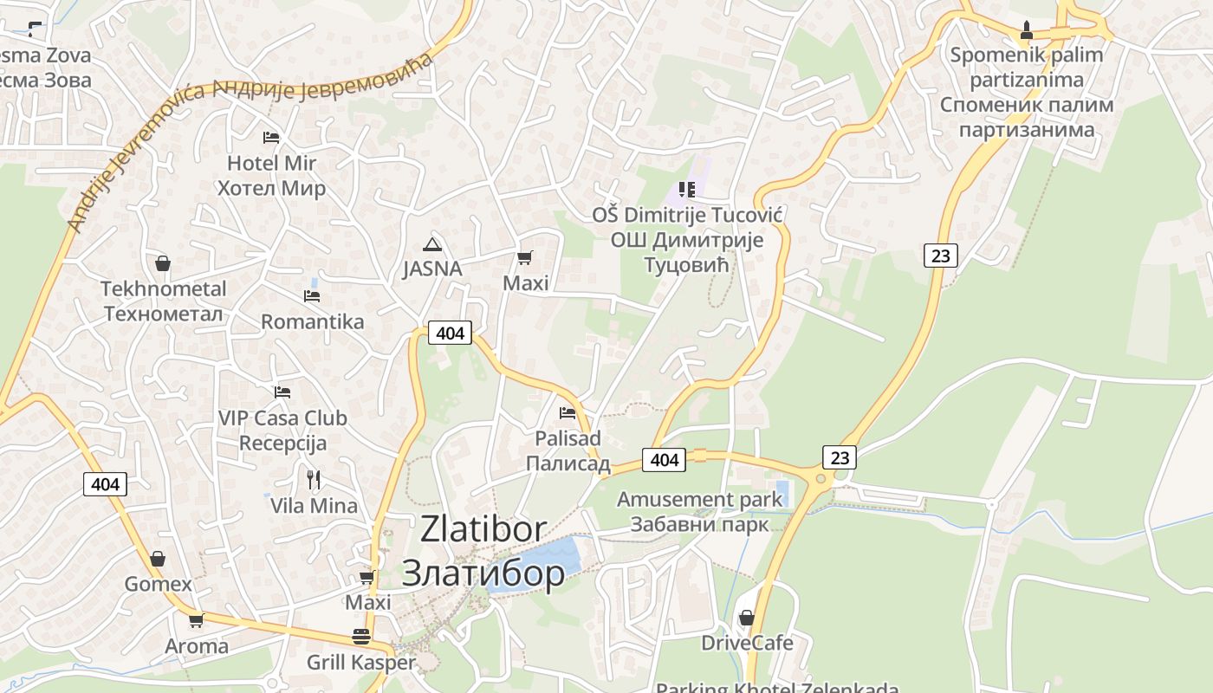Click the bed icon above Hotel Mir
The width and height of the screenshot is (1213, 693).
[271, 137]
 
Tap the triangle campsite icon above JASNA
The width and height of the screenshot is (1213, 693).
[431, 244]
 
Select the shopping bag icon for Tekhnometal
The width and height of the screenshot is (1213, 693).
[163, 263]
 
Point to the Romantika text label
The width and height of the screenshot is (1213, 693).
[313, 322]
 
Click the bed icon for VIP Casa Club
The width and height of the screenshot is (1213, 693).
[282, 392]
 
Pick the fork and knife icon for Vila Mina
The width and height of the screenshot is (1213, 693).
[314, 478]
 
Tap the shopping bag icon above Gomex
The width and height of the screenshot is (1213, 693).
[158, 559]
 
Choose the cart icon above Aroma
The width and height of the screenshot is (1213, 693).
[197, 620]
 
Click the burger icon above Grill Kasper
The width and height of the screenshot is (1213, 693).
[361, 637]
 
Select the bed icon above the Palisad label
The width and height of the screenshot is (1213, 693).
[568, 412]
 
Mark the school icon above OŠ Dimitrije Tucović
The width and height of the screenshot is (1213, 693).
[687, 189]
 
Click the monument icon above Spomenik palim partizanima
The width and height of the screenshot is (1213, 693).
[1027, 30]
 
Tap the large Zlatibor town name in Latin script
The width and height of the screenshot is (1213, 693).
[483, 528]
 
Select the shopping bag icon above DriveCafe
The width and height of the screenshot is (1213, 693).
[746, 618]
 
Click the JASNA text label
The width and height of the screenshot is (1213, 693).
[432, 269]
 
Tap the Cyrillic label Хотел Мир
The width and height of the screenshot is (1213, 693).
[271, 188]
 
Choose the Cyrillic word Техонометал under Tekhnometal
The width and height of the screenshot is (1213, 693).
[163, 314]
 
